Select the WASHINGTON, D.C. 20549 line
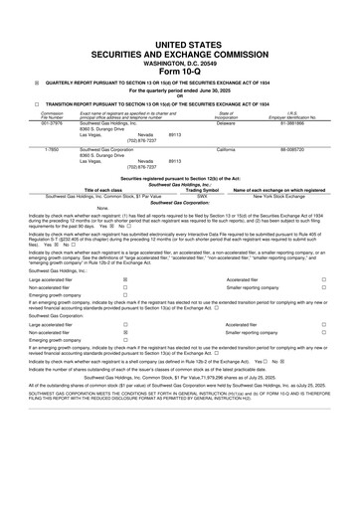click(179, 61)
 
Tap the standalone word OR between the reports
click(179, 95)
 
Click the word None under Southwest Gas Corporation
click(75, 207)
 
